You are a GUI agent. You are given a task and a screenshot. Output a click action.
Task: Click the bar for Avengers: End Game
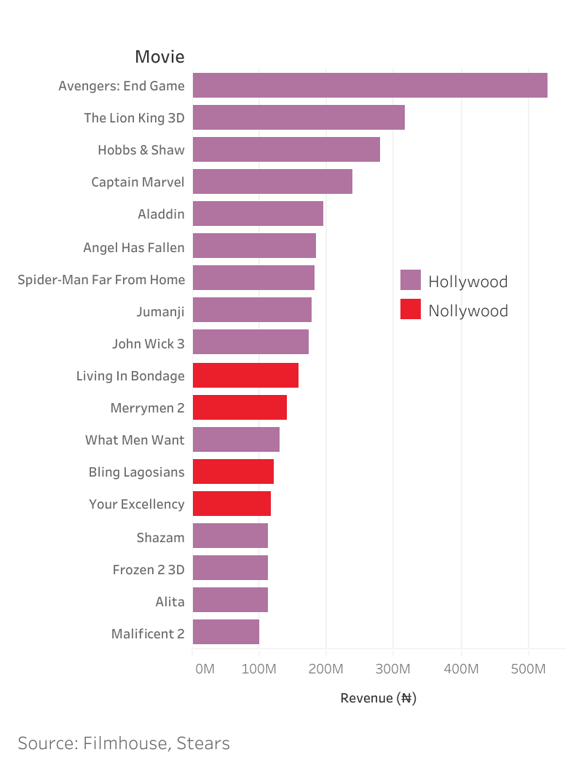[370, 85]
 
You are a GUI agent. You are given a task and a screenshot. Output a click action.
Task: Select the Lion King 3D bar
[299, 117]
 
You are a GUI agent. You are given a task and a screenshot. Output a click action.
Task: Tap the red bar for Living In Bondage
[245, 376]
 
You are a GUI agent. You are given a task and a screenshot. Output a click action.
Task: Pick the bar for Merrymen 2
[240, 408]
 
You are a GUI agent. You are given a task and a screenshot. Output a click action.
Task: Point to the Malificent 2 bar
[226, 633]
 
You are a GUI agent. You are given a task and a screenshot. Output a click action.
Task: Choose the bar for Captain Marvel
[272, 181]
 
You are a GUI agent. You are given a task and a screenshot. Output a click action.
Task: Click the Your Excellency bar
[232, 504]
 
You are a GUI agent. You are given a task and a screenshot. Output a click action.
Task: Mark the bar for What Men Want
[236, 440]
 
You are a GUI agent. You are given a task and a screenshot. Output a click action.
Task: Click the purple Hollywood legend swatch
[411, 281]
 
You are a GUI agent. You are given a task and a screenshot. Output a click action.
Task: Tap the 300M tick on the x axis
[393, 668]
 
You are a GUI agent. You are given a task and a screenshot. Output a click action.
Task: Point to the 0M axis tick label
[205, 668]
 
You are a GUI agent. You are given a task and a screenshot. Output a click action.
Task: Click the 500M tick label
[528, 668]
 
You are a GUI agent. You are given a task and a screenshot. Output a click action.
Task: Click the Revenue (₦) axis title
[378, 698]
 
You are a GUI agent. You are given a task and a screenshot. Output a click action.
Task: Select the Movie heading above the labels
[159, 57]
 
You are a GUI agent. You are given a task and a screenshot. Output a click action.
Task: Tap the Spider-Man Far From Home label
[101, 279]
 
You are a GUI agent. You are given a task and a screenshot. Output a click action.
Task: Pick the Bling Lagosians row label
[136, 472]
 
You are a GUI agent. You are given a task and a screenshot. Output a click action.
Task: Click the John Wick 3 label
[149, 344]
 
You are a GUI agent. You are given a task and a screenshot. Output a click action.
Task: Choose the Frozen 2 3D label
[149, 570]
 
